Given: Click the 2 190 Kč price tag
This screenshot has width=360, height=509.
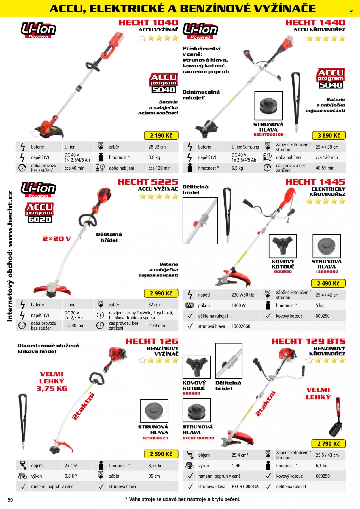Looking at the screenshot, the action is [161, 135].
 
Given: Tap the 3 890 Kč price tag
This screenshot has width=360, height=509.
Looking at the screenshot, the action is [329, 135].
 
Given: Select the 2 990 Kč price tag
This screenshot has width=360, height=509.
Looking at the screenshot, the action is [161, 293].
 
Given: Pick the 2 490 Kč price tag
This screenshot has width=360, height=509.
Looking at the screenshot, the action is [328, 283].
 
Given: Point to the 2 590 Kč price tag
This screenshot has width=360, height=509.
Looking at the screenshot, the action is [161, 454].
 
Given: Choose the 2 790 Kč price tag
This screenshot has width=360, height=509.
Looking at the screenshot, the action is [329, 444].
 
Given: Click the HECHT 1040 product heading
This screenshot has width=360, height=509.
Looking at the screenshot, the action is [148, 22].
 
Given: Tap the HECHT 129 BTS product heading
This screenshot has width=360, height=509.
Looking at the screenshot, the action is [308, 341].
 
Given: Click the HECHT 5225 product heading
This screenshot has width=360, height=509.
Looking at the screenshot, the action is [148, 182].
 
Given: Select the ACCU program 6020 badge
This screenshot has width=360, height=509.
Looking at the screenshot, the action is [39, 213].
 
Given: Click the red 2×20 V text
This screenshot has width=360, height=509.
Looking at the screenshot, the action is [56, 239].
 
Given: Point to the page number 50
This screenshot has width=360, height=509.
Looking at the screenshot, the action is [10, 500].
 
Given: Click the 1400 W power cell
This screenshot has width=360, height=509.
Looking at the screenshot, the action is [238, 305].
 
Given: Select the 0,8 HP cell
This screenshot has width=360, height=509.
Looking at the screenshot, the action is [71, 476].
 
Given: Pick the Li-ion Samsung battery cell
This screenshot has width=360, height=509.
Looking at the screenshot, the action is [245, 147].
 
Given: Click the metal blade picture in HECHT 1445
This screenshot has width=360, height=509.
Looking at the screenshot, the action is [283, 246].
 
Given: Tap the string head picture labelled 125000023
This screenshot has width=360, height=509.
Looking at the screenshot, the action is [154, 411].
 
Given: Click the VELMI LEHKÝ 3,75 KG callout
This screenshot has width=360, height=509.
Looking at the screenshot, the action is [52, 381].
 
